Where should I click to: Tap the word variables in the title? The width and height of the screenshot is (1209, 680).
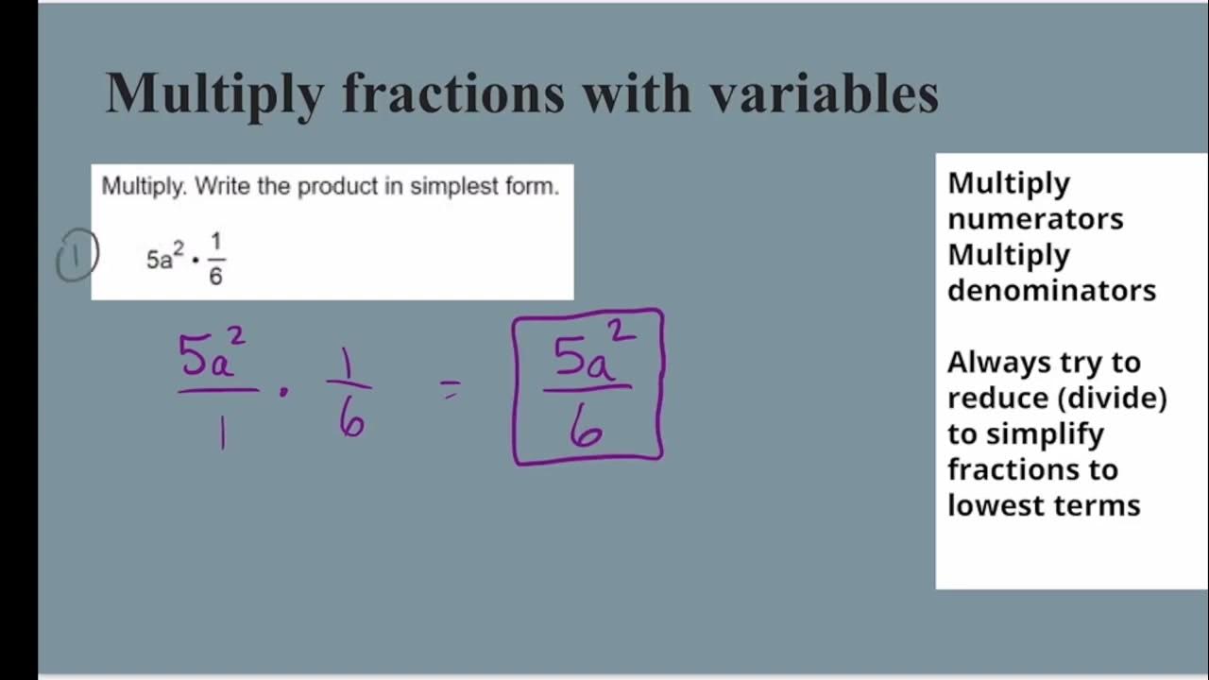click(x=824, y=93)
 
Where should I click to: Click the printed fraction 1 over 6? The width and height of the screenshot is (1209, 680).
click(x=215, y=259)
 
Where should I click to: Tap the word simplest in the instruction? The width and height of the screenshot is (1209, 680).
click(x=444, y=186)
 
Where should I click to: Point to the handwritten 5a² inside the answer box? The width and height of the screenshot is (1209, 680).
click(x=591, y=354)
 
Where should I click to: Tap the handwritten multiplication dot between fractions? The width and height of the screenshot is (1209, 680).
click(x=283, y=391)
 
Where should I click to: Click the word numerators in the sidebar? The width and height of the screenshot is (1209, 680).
click(x=1035, y=219)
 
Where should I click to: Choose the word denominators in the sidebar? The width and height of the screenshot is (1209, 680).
click(x=1051, y=291)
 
